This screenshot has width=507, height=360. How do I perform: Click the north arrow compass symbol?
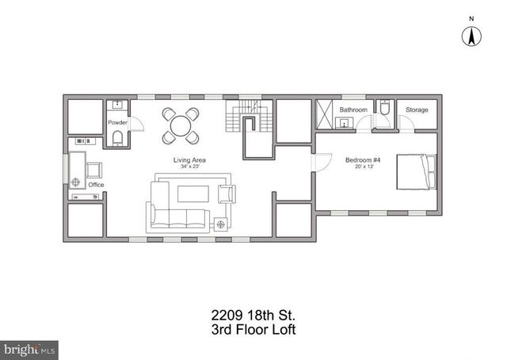pos(473,35)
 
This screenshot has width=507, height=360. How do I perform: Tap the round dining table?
pos(181,125)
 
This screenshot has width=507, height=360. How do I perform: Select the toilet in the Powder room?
pos(118,140)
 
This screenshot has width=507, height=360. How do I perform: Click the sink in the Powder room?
pos(117,105)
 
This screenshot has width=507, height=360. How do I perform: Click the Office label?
pos(96,185)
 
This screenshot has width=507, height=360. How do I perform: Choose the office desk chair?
pos(93,169)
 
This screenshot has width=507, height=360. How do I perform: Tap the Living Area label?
pos(190,159)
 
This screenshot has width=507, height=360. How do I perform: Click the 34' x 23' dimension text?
pos(190,167)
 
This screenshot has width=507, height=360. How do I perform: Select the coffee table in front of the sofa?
pos(193,193)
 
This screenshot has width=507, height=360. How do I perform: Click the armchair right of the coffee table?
pos(226,193)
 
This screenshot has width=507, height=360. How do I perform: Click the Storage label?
pos(417,109)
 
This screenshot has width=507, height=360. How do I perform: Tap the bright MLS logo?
pos(30,348)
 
